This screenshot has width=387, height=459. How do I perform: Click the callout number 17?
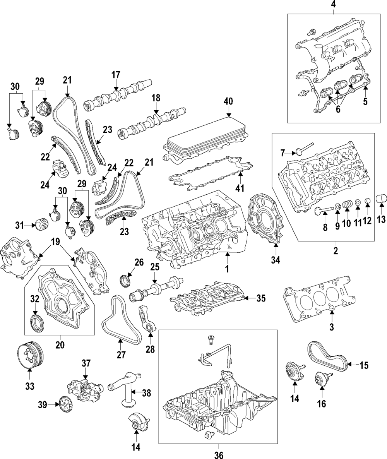click(116, 75)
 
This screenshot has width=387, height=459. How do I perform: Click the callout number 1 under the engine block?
click(227, 268)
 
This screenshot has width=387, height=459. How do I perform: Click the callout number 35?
click(261, 298)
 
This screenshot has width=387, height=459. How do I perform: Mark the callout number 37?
click(86, 363)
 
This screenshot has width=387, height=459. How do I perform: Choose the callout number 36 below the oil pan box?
click(219, 455)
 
